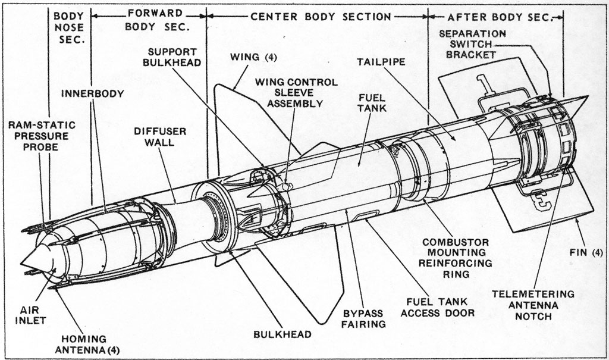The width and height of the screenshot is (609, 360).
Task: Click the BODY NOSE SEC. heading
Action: tap(68, 27)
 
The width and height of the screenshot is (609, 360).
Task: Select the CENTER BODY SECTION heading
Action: tap(321, 17)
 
